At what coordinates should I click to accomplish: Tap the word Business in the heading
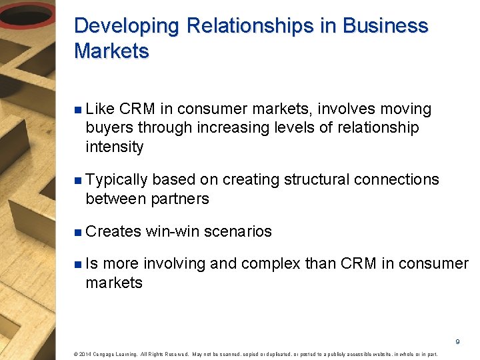[x=385, y=26]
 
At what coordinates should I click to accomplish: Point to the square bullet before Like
[x=78, y=109]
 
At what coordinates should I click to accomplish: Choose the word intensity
[x=114, y=147]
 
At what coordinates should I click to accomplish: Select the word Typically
[x=117, y=180]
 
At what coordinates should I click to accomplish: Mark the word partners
[x=180, y=199]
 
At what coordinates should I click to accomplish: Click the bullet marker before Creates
[x=78, y=232]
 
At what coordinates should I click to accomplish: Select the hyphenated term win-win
[x=173, y=232]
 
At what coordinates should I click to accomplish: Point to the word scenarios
[x=238, y=232]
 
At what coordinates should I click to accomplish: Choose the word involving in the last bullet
[x=175, y=264]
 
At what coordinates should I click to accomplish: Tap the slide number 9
[x=457, y=341]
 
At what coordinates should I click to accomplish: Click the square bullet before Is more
[x=78, y=265]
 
